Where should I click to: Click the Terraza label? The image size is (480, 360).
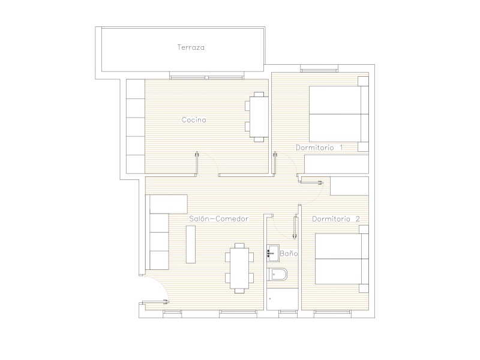191,47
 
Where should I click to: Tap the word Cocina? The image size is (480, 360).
194,119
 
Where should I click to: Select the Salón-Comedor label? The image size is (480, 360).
218,218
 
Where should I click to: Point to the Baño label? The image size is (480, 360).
289,253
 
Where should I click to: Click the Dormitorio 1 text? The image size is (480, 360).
319,148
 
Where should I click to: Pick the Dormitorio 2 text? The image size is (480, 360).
336,219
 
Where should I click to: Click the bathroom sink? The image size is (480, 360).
273,253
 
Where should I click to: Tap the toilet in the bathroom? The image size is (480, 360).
277,275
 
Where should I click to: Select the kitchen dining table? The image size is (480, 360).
259,117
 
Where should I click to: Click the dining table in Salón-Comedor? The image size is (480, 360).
239,268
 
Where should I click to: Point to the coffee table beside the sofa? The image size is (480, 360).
191,244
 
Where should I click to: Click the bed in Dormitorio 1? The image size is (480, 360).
338,114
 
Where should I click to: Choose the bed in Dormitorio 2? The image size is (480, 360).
341,259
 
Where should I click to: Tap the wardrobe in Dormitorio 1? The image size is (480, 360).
337,164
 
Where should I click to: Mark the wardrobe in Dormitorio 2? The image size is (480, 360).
349,186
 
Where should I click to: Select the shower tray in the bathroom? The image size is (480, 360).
282,299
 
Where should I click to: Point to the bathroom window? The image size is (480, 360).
288,312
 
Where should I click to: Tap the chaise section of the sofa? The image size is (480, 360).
169,204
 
